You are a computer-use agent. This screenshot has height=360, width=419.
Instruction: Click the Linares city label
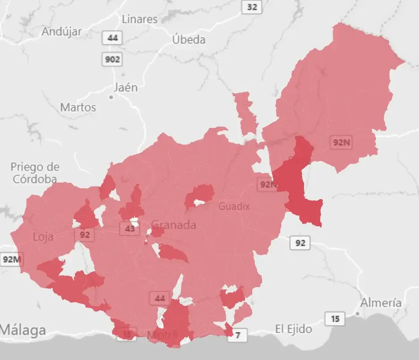click(140, 19)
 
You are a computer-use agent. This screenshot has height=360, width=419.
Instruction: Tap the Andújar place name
click(62, 32)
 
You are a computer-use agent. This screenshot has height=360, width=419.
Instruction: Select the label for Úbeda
click(189, 40)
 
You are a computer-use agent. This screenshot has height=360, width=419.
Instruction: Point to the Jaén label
click(126, 88)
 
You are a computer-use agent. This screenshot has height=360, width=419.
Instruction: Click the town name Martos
click(78, 107)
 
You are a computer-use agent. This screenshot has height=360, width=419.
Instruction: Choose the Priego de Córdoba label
click(35, 173)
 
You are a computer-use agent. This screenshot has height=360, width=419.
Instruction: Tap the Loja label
click(43, 237)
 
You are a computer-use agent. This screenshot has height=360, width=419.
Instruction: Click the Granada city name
click(174, 225)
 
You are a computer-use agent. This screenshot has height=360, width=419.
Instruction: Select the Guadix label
click(234, 206)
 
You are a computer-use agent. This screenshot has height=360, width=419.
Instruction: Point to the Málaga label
click(23, 330)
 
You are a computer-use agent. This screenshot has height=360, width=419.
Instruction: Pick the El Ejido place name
click(294, 329)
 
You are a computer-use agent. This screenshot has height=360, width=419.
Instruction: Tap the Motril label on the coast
click(162, 335)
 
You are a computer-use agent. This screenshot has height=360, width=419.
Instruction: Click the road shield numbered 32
click(252, 7)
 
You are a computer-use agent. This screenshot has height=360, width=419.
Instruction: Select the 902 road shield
click(112, 59)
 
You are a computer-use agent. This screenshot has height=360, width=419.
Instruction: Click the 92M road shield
click(11, 259)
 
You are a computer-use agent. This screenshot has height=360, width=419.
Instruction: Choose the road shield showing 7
click(238, 335)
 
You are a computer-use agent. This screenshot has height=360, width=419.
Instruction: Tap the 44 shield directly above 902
click(112, 38)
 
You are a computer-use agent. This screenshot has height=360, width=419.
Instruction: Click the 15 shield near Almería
click(335, 319)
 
